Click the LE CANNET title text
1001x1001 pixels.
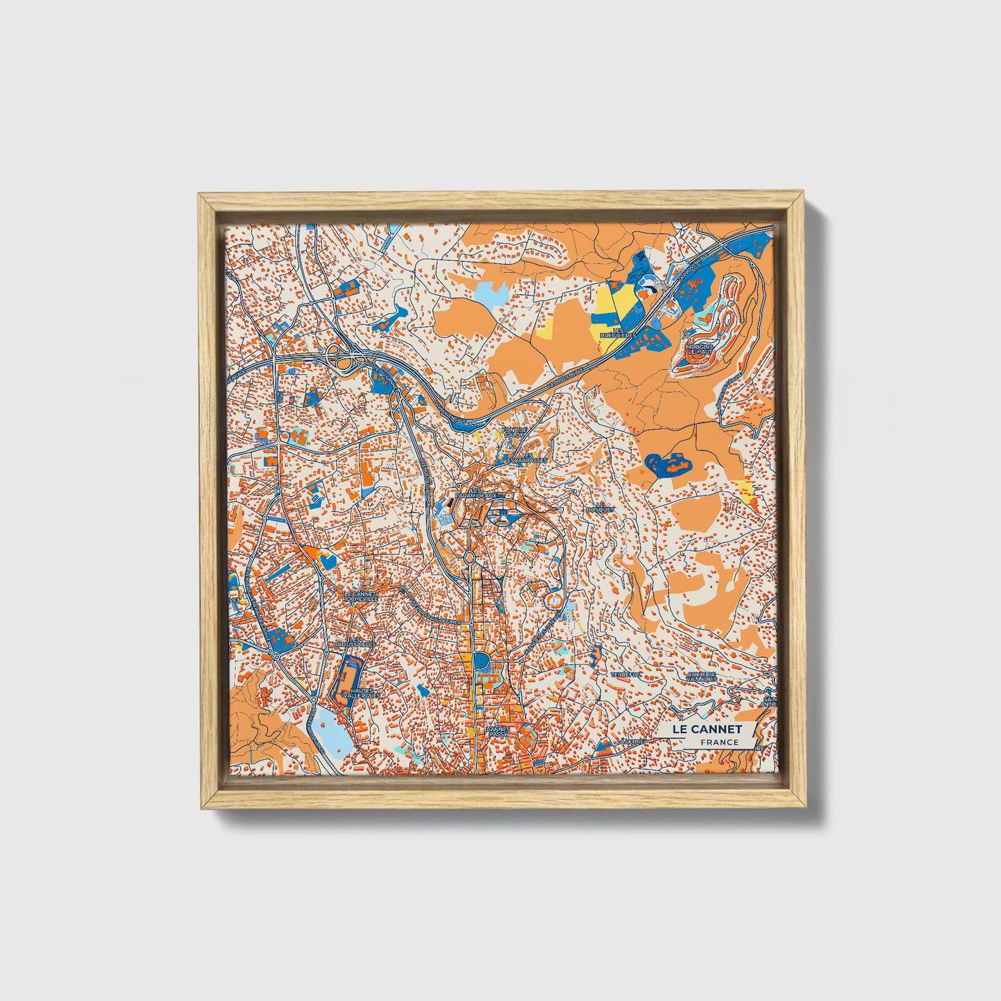[x=707, y=729]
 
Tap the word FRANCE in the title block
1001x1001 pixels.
[x=718, y=743]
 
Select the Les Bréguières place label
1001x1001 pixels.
[x=619, y=333]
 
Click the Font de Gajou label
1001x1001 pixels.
[x=515, y=432]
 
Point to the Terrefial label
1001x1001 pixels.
[x=626, y=673]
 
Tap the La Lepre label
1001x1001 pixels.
[x=632, y=741]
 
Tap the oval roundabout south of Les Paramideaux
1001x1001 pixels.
[x=469, y=557]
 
